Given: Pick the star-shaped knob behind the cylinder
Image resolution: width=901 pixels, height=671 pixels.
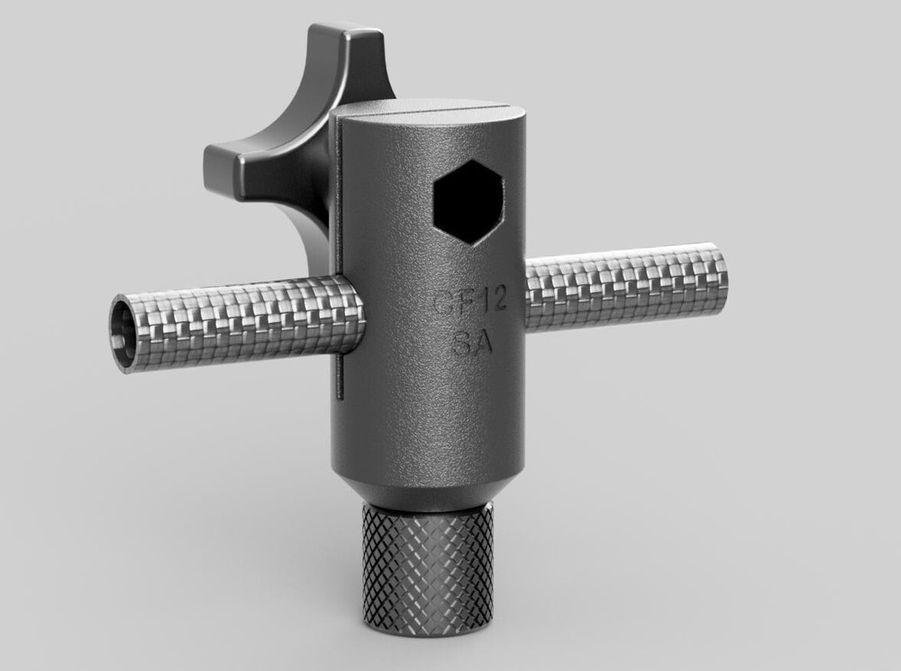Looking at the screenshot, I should coord(279,144).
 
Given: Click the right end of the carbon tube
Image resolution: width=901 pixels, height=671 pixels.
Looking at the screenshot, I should coord(716,280).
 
